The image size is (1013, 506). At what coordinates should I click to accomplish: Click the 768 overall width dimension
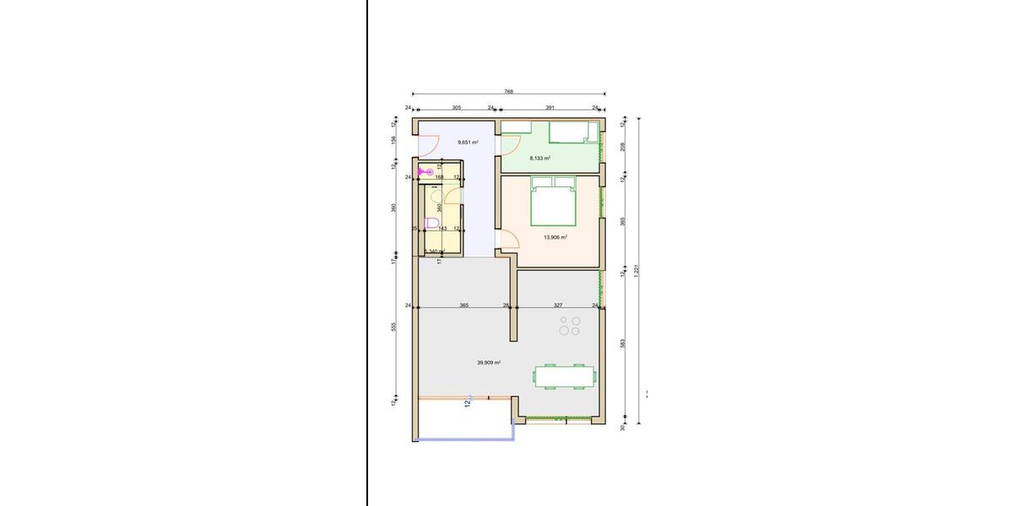click(x=508, y=91)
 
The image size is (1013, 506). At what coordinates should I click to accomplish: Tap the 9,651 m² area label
click(x=468, y=143)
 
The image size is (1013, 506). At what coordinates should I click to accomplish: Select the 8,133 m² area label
click(x=540, y=158)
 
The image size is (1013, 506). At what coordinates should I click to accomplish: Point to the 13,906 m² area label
click(x=555, y=237)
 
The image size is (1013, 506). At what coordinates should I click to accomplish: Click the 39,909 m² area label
click(x=489, y=363)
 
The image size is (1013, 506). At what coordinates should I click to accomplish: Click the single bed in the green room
click(x=573, y=132)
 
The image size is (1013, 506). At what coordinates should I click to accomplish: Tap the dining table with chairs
click(x=563, y=376)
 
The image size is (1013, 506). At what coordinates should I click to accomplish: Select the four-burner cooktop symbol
click(x=570, y=326)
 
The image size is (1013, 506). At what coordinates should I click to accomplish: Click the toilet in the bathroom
click(x=432, y=223)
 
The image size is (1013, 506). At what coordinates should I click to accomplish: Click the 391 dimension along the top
click(x=550, y=108)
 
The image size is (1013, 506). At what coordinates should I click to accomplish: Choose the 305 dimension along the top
click(x=457, y=108)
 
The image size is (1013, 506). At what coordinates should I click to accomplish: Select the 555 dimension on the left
click(x=394, y=327)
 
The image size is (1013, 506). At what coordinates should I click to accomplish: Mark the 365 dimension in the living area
click(x=463, y=305)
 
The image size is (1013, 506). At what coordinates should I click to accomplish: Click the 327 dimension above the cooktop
click(x=558, y=305)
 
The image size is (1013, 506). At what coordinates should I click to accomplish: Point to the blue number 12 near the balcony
click(x=467, y=403)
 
